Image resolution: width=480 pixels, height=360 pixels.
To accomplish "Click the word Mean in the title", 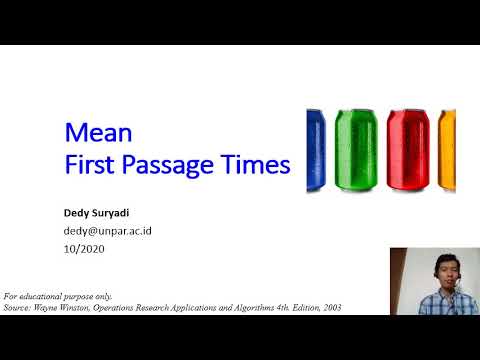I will coord(91,133).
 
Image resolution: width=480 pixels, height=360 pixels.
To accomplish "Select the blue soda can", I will coord(318,151).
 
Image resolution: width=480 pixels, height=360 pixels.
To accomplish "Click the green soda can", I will coord(358,151).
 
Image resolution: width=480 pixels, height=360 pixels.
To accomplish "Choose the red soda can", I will coord(408,151).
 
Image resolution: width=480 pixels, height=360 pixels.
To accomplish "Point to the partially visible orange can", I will coord(448,151).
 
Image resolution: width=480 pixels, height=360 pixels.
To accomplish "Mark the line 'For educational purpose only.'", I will coord(58,297).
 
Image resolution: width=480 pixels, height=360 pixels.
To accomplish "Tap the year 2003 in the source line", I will coord(332,307).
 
